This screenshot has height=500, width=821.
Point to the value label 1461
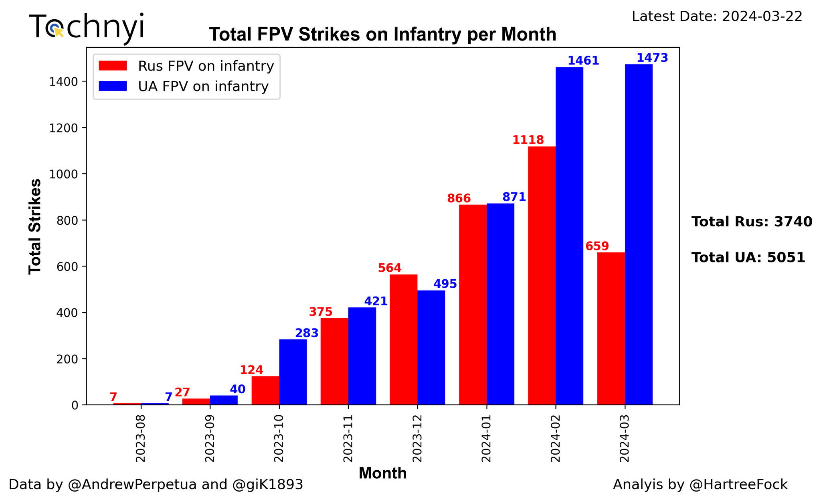tap(583, 61)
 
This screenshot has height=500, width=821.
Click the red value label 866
tap(459, 198)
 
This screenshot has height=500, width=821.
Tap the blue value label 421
tap(376, 301)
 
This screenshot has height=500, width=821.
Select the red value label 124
tap(251, 370)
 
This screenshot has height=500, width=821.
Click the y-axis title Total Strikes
tap(35, 226)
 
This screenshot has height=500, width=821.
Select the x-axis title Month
tap(382, 474)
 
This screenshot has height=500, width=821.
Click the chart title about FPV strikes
tap(382, 35)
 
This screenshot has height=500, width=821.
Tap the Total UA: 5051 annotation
tap(748, 258)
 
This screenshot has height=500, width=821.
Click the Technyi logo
tap(87, 27)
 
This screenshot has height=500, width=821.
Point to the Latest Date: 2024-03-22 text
tap(717, 16)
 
